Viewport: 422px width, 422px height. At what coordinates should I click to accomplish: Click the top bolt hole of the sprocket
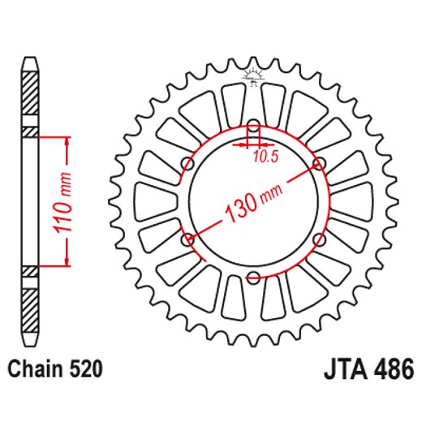tap(253, 126)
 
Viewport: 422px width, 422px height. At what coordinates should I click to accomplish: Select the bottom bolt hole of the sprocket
tap(253, 278)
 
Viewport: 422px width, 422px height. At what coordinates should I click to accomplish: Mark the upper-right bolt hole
tap(319, 164)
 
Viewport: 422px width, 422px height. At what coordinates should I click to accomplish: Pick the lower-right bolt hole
tap(319, 240)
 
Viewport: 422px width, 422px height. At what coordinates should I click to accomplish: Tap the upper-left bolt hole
tap(187, 164)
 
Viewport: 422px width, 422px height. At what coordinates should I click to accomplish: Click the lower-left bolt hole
tap(187, 240)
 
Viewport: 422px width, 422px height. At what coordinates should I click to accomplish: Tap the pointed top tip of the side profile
tap(29, 61)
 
